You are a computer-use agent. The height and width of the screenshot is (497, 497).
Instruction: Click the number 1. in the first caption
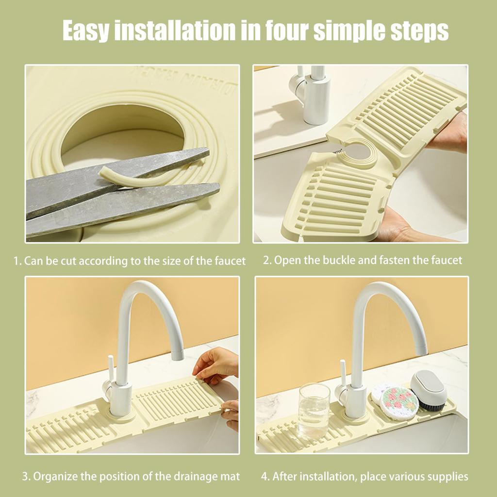17,261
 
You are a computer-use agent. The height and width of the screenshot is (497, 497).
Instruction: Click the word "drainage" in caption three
181,477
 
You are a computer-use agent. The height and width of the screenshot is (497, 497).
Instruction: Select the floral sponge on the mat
399,402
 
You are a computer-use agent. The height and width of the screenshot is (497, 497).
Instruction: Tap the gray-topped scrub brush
429,390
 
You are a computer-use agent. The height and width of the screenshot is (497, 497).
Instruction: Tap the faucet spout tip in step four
420,347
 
